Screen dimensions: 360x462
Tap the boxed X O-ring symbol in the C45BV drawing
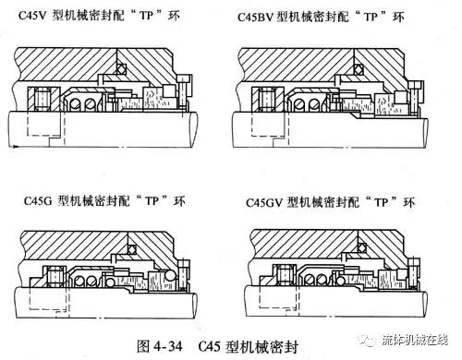353,70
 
